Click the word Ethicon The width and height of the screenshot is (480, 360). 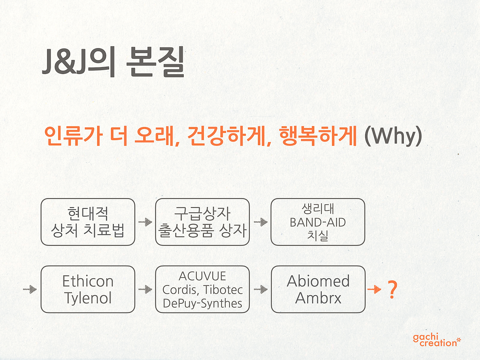[88, 281]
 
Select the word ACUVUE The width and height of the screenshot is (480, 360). [202, 276]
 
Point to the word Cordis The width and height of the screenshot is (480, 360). [179, 290]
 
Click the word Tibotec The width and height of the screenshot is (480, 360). [223, 290]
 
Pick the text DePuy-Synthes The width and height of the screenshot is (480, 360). [202, 304]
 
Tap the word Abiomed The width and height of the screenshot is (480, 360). [318, 281]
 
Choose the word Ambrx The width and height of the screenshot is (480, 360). [318, 298]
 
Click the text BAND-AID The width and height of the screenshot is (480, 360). [318, 222]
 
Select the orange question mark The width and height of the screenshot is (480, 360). [392, 289]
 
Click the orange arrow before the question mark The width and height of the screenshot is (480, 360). [374, 289]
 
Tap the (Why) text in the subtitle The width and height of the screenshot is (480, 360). [393, 136]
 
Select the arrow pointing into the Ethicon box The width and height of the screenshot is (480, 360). [30, 289]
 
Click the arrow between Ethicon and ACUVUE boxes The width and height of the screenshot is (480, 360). [145, 289]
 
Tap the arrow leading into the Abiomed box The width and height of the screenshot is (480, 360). [261, 289]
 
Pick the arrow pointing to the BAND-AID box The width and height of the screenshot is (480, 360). [261, 222]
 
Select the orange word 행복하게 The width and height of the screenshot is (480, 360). [318, 136]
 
